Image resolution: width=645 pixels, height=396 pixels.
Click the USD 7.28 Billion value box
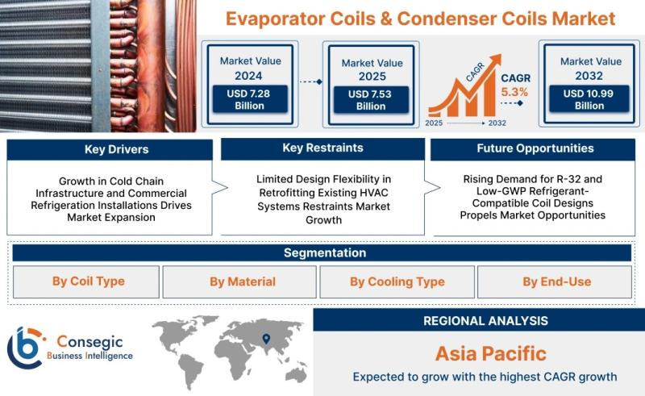coord(250,99)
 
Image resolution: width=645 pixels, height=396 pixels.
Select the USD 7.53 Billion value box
coord(371,100)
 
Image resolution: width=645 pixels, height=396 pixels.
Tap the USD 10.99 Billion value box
coord(589,99)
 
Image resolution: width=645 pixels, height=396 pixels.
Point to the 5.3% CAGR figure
coord(514,92)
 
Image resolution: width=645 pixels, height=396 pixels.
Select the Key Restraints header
coord(323,148)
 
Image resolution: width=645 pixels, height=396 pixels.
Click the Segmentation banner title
coord(325,252)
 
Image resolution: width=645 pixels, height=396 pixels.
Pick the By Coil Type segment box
coord(86,281)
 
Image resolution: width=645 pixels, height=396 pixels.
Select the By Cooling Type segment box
coord(397,281)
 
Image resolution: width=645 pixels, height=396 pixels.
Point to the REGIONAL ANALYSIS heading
coord(485,321)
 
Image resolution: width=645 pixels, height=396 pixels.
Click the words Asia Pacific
coord(491,353)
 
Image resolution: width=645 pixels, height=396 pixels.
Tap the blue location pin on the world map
coord(266,339)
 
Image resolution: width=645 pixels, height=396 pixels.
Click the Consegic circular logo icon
coord(26,348)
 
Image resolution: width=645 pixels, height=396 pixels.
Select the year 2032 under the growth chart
coord(497,123)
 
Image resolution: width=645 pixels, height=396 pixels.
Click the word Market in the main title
coord(583,19)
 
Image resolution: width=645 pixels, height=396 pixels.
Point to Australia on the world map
coord(296,374)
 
